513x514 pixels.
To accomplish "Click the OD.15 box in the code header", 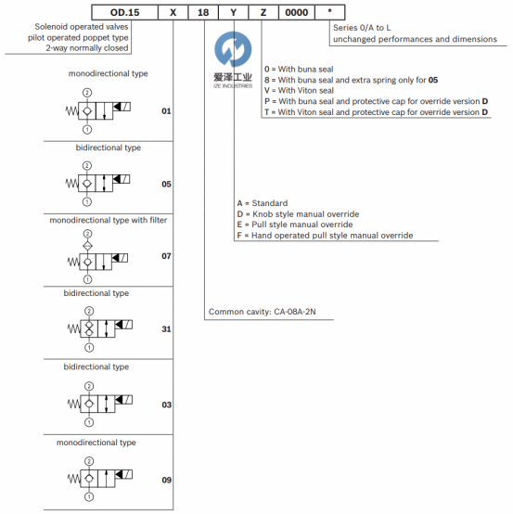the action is (x=125, y=12).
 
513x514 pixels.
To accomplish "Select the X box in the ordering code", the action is (x=173, y=12).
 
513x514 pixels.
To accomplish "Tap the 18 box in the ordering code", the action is (x=203, y=12).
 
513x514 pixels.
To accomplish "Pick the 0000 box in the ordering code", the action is (x=297, y=12).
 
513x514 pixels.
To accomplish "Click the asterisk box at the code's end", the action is (x=329, y=12).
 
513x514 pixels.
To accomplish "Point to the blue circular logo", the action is (x=233, y=49).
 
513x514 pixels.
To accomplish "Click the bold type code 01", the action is (x=166, y=111).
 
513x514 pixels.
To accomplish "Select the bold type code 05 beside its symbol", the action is (x=166, y=184).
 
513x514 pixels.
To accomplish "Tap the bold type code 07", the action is (x=166, y=256).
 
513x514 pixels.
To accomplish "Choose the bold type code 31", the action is (x=166, y=329).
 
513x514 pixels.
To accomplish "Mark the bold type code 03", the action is (x=166, y=405).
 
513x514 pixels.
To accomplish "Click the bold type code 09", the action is (x=166, y=480).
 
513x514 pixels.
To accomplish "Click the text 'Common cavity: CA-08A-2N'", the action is (x=263, y=312).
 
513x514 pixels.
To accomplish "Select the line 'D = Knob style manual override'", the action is (x=298, y=214).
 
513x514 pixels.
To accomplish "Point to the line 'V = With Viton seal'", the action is (x=299, y=91).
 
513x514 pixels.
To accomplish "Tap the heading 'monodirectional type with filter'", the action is (x=109, y=220).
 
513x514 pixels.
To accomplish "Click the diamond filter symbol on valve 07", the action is (x=87, y=246).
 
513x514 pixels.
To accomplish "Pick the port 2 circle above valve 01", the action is (x=87, y=93).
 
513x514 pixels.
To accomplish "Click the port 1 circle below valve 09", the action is (x=89, y=497).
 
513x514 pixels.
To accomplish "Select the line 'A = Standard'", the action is (x=263, y=203).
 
